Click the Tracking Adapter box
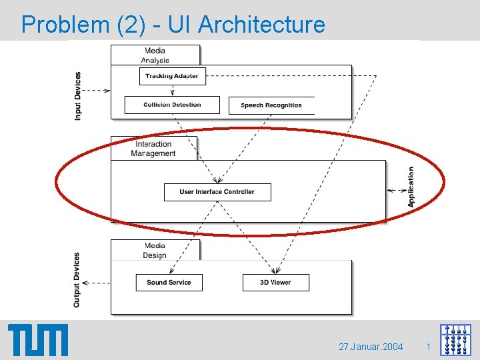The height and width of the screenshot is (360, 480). pyautogui.click(x=172, y=76)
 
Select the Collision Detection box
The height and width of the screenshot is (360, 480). pyautogui.click(x=172, y=105)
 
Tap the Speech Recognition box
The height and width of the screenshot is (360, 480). pyautogui.click(x=271, y=105)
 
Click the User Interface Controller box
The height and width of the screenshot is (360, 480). pyautogui.click(x=217, y=192)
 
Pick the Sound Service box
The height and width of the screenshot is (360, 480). pyautogui.click(x=169, y=283)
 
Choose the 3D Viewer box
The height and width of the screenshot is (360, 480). pyautogui.click(x=275, y=283)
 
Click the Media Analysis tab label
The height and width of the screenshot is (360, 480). pyautogui.click(x=155, y=55)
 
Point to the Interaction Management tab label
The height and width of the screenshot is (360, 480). pyautogui.click(x=153, y=149)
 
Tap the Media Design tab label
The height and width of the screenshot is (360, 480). pyautogui.click(x=155, y=251)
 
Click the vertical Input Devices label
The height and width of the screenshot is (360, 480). pyautogui.click(x=78, y=96)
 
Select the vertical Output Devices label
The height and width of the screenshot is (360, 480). pyautogui.click(x=77, y=279)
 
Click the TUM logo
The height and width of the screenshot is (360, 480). pyautogui.click(x=38, y=340)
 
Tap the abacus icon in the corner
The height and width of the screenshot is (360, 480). pyautogui.click(x=455, y=340)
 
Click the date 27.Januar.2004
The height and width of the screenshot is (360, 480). pyautogui.click(x=371, y=347)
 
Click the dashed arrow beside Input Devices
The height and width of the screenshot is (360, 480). pyautogui.click(x=97, y=90)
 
